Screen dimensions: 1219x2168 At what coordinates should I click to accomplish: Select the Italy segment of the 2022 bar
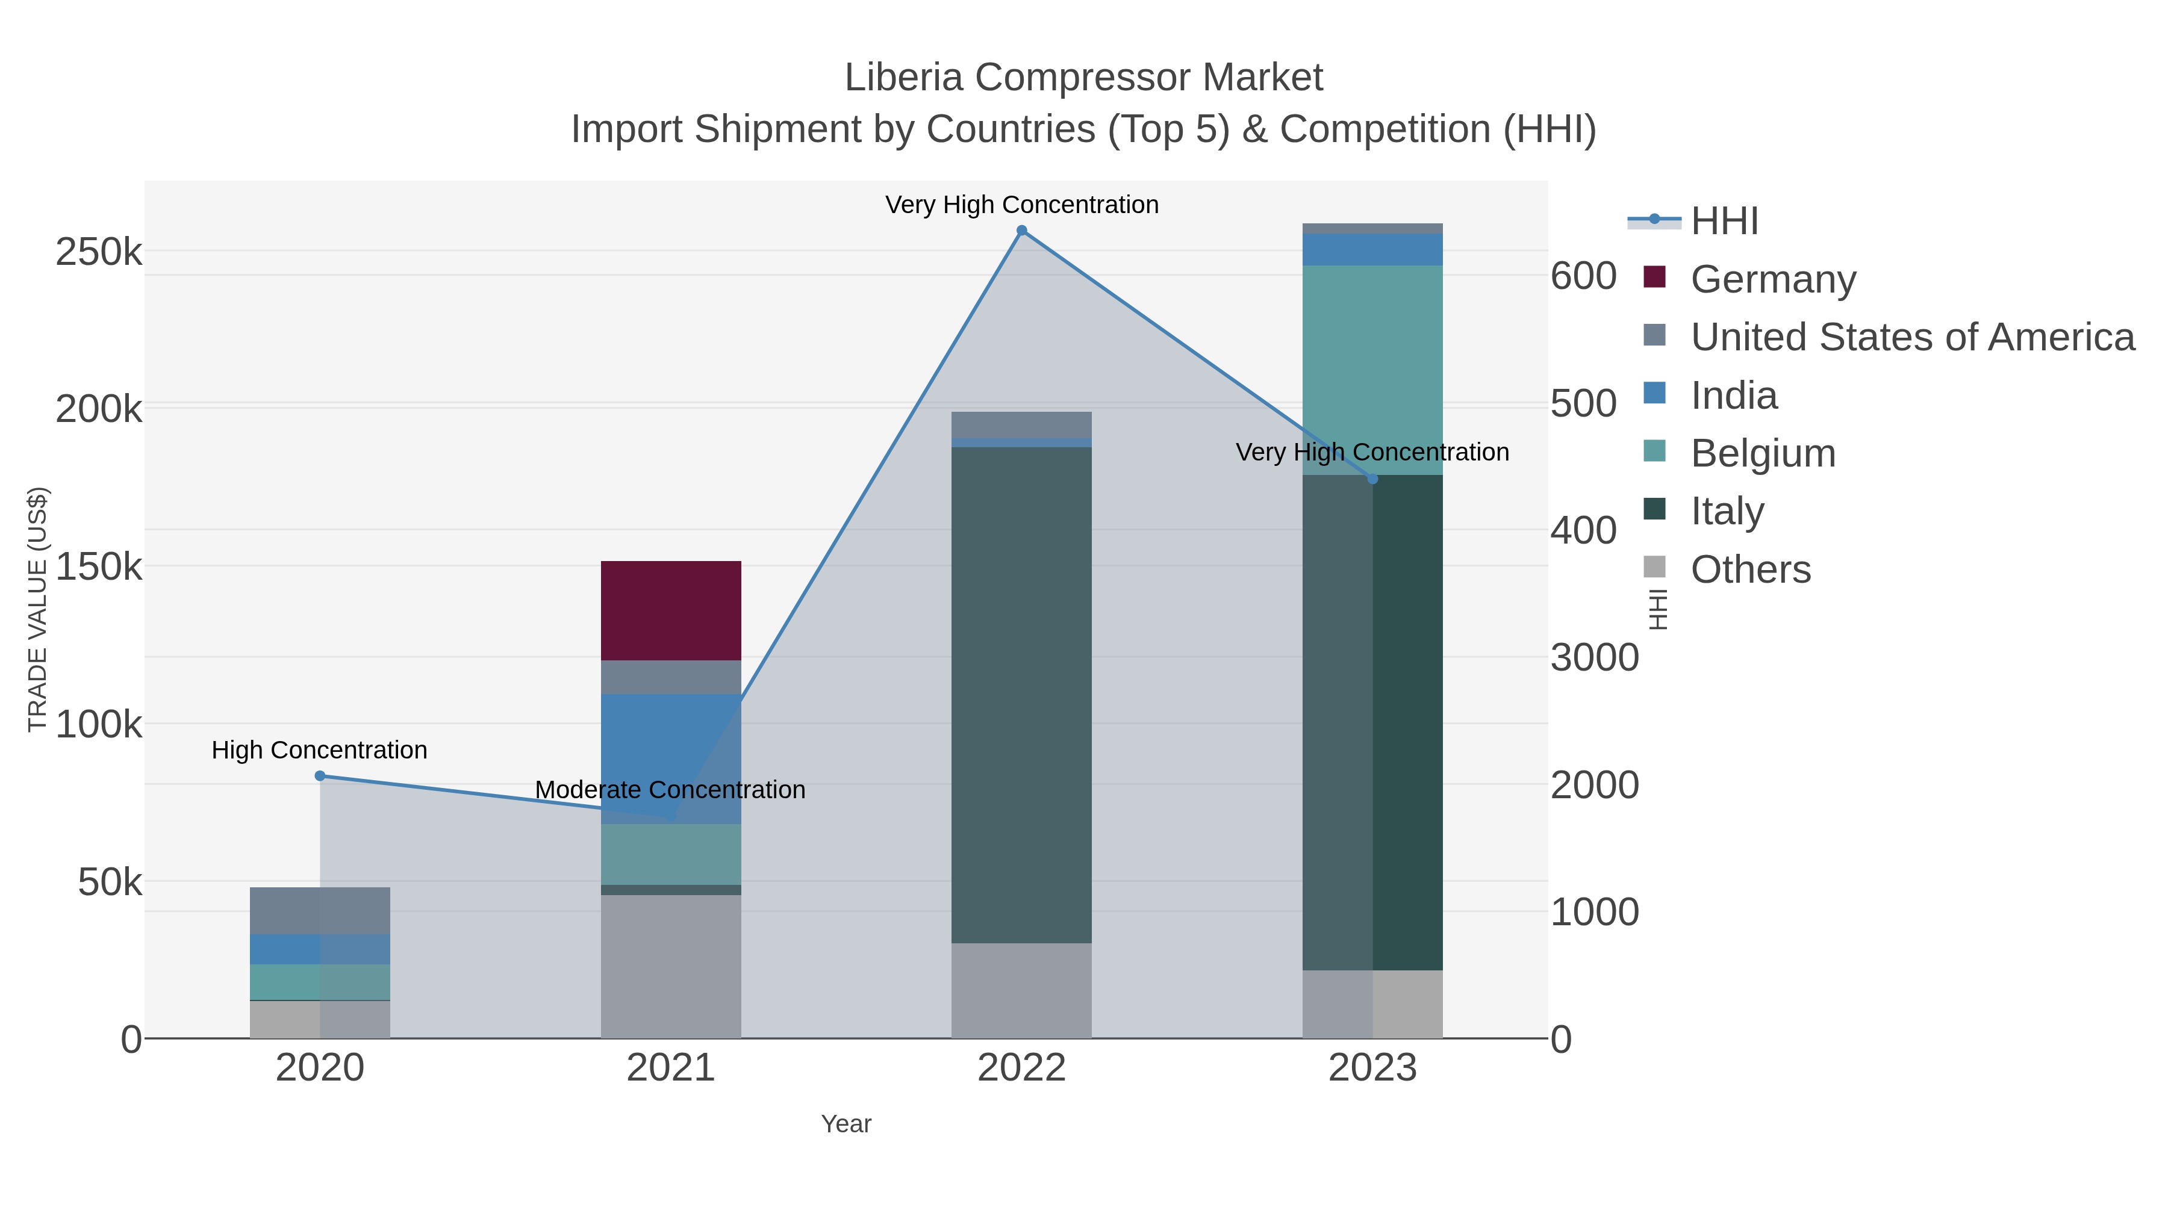click(1021, 694)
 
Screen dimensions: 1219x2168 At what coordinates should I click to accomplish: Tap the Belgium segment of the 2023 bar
click(1372, 370)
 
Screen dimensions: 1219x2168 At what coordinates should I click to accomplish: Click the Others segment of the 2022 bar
click(1021, 990)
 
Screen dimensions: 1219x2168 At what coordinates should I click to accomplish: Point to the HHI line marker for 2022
click(1022, 231)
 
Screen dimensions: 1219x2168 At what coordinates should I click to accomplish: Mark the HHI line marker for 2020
click(320, 776)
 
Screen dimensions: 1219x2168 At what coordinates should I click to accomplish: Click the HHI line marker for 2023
click(1372, 479)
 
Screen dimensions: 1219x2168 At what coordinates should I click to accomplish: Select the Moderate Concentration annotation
click(670, 790)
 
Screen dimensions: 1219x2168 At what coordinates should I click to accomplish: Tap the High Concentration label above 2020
click(319, 749)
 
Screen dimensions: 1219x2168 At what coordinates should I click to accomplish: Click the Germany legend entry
click(1772, 279)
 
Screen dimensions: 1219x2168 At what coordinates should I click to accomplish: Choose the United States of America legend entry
click(1912, 337)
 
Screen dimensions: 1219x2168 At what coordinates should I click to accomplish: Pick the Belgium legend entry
click(1762, 453)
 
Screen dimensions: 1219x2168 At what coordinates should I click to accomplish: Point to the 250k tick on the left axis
click(99, 252)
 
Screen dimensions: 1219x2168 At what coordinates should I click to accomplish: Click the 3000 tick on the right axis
click(1594, 658)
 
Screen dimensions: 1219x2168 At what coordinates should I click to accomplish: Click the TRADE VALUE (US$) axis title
click(38, 609)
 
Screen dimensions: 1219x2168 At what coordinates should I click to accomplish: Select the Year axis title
click(846, 1124)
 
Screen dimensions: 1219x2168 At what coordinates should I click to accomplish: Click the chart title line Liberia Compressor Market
click(1083, 78)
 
